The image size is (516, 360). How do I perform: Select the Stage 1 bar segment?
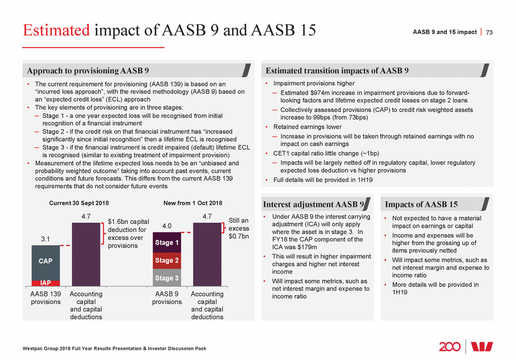(x=167, y=243)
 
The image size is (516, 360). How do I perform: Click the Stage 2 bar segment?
(x=167, y=261)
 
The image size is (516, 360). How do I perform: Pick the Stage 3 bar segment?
(x=167, y=278)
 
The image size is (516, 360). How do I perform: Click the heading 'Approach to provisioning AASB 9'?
(x=88, y=71)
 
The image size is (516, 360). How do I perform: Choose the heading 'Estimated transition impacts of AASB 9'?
(x=338, y=71)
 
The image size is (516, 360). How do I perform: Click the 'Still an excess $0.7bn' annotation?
(x=238, y=228)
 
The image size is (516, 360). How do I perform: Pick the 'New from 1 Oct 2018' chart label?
(x=189, y=203)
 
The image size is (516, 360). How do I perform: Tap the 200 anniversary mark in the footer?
(x=450, y=346)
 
